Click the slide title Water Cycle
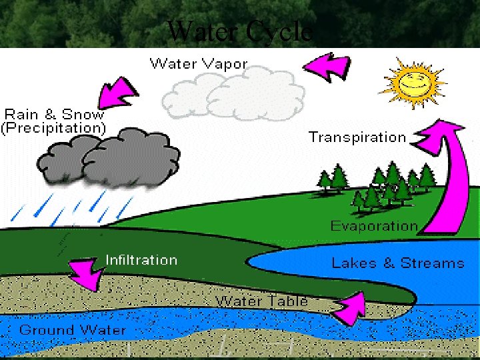point(240,31)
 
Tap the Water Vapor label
point(198,64)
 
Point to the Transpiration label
point(357,137)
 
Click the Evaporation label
point(374,226)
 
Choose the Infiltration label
point(141,260)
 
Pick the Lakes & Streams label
point(398,263)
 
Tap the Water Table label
point(261,301)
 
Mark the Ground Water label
point(72,330)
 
